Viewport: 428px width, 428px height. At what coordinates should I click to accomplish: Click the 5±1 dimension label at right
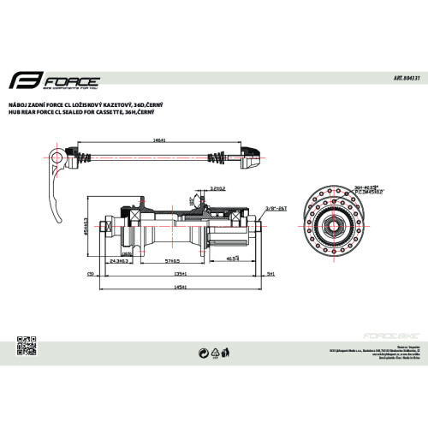[x=270, y=275]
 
